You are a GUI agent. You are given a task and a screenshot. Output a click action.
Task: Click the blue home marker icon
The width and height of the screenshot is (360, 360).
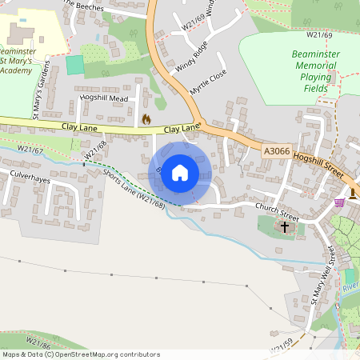tap(180, 172)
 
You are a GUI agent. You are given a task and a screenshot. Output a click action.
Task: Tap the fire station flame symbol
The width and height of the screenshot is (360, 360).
tap(146, 119)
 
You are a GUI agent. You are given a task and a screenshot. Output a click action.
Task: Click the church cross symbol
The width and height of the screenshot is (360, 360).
tap(285, 227)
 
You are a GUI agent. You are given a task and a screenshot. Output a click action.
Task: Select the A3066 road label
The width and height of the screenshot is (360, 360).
tap(275, 150)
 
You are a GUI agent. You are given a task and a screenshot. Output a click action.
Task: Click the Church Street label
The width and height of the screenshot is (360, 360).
tap(277, 214)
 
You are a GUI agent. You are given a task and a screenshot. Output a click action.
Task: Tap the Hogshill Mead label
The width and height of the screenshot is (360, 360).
tap(104, 98)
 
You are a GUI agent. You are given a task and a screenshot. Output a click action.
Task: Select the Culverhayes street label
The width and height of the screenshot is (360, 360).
tap(30, 174)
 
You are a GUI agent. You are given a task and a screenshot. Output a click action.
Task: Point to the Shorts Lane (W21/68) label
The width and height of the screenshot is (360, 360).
tap(133, 186)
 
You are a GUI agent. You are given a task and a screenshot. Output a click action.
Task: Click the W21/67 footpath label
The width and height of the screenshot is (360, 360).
tap(30, 150)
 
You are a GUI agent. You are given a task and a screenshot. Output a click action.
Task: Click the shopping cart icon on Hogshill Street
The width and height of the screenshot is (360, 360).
tap(339, 202)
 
